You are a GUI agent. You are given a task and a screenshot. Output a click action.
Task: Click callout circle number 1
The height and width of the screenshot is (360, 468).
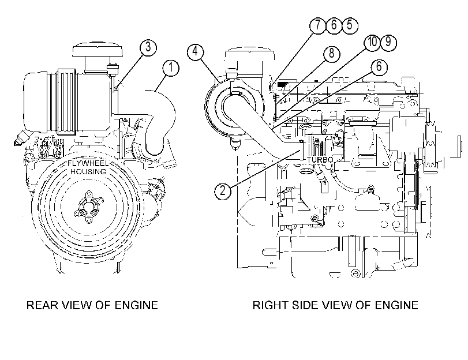coord(171,68)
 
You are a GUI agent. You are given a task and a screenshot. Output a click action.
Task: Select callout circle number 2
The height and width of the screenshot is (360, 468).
coord(223,191)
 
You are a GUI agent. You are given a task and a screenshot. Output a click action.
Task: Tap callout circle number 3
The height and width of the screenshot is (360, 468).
coord(148,47)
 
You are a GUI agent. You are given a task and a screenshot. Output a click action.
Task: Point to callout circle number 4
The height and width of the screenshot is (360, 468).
coord(195,52)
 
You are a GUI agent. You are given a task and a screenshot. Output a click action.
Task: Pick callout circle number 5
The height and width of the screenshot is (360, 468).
coord(349,25)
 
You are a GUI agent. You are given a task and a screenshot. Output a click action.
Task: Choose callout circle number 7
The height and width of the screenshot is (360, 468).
coord(317,25)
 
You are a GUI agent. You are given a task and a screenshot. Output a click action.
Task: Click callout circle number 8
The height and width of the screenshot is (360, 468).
coord(331,54)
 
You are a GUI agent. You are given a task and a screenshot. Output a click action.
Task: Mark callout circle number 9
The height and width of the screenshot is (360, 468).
coord(388,42)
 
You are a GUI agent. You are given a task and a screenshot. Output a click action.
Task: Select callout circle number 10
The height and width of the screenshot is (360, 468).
coord(372,42)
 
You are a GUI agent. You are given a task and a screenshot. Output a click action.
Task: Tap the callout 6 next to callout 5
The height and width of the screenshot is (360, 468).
coord(333,25)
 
